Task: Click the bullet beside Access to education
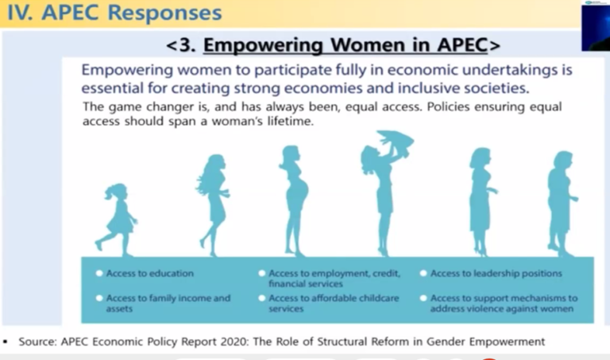99,273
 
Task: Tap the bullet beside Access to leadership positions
423,273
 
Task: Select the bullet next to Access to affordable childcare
262,298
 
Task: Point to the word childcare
379,298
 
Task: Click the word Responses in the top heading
164,12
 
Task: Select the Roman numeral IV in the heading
19,13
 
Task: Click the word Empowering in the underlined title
264,45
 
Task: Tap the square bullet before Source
5,342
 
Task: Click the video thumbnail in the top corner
596,25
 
